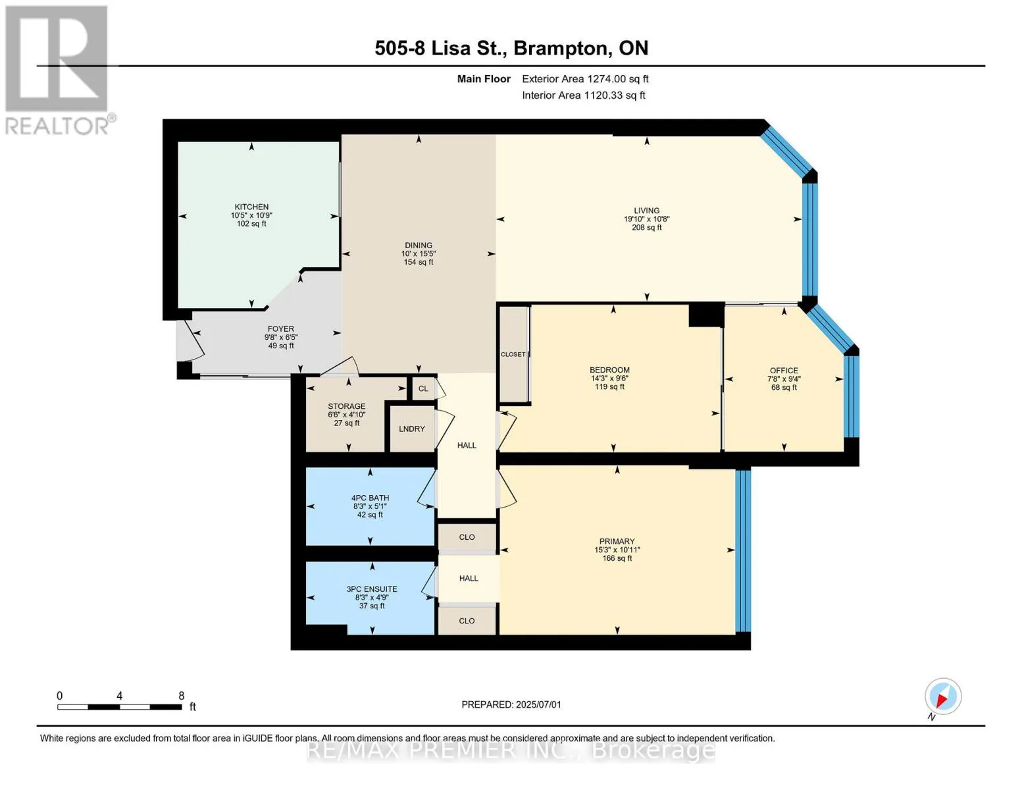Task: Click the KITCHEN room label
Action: pyautogui.click(x=251, y=207)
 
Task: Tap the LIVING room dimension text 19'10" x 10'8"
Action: pyautogui.click(x=647, y=219)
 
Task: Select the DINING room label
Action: pyautogui.click(x=419, y=245)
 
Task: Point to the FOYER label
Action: pyautogui.click(x=281, y=329)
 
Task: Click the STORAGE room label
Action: pyautogui.click(x=347, y=406)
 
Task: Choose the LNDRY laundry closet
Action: pyautogui.click(x=412, y=429)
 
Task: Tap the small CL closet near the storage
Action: pyautogui.click(x=423, y=388)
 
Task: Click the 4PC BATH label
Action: pyautogui.click(x=370, y=498)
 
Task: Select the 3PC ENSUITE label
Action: pyautogui.click(x=372, y=589)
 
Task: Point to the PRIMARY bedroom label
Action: pyautogui.click(x=617, y=541)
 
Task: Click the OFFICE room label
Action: pyautogui.click(x=784, y=370)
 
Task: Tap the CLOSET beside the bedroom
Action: pyautogui.click(x=513, y=354)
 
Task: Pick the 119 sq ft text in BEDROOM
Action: pyautogui.click(x=609, y=386)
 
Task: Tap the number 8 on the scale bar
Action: pyautogui.click(x=182, y=696)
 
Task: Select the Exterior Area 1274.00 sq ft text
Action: pyautogui.click(x=585, y=79)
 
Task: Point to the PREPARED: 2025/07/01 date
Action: pyautogui.click(x=511, y=704)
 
